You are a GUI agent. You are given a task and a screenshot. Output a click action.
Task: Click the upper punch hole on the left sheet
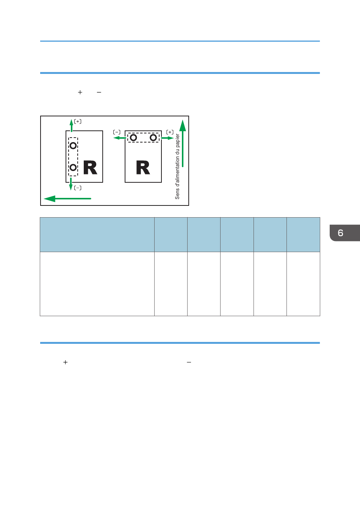pyautogui.click(x=73, y=146)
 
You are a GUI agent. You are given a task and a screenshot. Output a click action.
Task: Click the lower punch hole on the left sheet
pyautogui.click(x=73, y=167)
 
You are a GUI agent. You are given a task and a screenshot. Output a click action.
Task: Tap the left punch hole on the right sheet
pyautogui.click(x=133, y=137)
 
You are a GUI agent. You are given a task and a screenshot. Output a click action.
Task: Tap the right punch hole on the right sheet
pyautogui.click(x=153, y=137)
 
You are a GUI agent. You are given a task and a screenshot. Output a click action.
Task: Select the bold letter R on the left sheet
pyautogui.click(x=90, y=167)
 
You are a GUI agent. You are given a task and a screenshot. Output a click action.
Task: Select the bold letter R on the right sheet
pyautogui.click(x=143, y=167)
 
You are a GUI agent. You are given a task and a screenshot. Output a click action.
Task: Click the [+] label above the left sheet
pyautogui.click(x=78, y=121)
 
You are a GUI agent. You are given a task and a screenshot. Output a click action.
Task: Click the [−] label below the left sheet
pyautogui.click(x=78, y=188)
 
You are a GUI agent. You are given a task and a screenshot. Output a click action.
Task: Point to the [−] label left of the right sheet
pyautogui.click(x=117, y=132)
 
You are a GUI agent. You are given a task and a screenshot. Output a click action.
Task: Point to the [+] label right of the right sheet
pyautogui.click(x=170, y=132)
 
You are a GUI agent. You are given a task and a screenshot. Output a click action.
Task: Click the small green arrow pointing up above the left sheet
pyautogui.click(x=71, y=125)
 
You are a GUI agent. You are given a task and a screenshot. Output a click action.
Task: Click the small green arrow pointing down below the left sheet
pyautogui.click(x=71, y=184)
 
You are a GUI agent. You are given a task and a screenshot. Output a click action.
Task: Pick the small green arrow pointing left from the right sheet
pyautogui.click(x=120, y=138)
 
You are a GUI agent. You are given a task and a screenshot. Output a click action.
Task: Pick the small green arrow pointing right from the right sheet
pyautogui.click(x=167, y=138)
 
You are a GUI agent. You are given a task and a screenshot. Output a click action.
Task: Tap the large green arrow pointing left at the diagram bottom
pyautogui.click(x=67, y=199)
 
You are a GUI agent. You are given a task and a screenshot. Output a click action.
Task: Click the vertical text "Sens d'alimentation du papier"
pyautogui.click(x=177, y=166)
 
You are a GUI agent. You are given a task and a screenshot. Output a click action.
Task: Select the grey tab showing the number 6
pyautogui.click(x=344, y=233)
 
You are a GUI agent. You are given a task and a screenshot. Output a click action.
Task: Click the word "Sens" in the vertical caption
pyautogui.click(x=177, y=194)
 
